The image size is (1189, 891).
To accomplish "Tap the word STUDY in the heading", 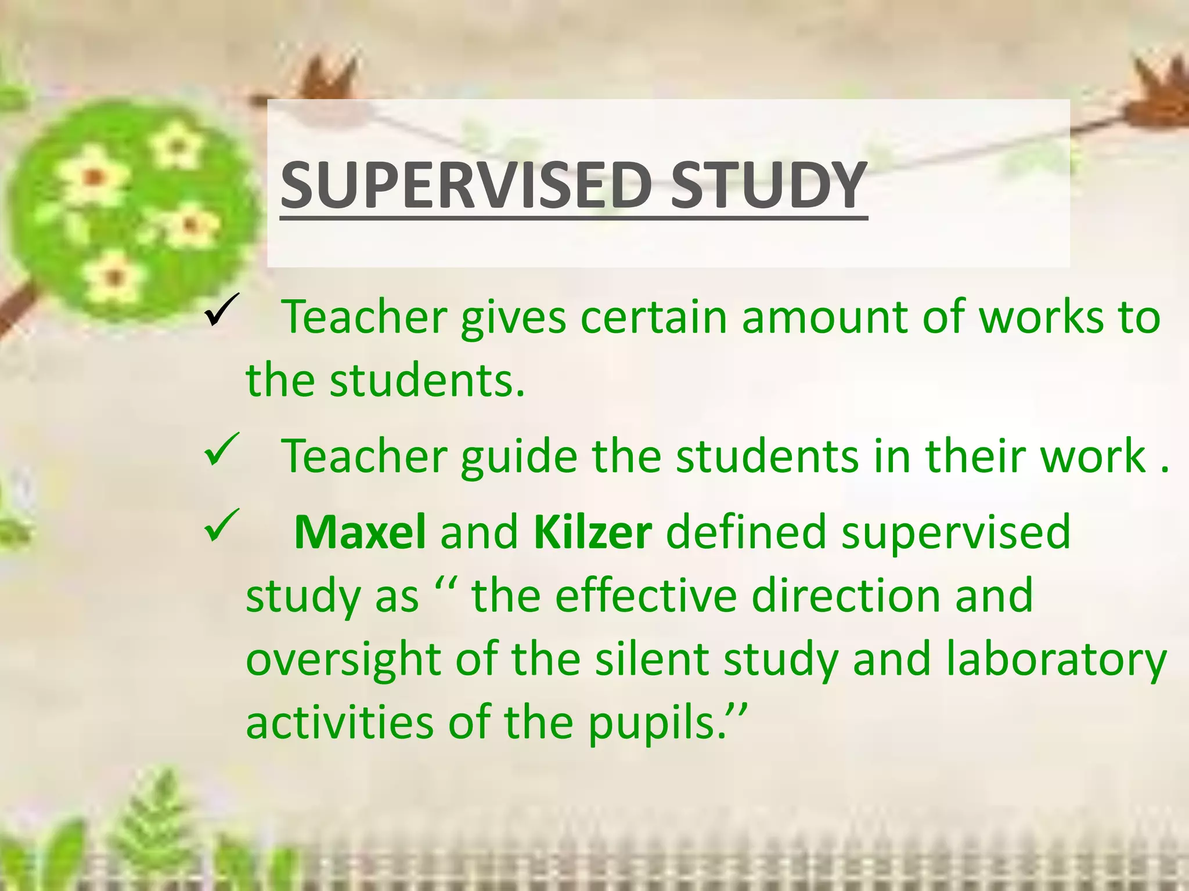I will (769, 185).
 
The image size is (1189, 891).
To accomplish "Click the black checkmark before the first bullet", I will (222, 311).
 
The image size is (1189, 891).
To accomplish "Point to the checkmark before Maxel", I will (222, 526).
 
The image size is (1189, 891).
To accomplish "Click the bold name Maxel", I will (360, 532).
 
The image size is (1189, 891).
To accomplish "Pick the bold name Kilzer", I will (593, 532).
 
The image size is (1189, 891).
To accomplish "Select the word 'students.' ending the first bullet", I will (427, 381).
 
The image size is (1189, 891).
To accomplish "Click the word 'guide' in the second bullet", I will (519, 457).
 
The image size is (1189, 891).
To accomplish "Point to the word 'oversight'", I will (343, 660).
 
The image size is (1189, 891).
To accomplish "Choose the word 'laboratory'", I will (1056, 660).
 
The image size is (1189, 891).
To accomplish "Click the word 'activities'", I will (340, 723).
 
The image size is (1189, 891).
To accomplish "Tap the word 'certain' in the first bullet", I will (653, 318).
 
